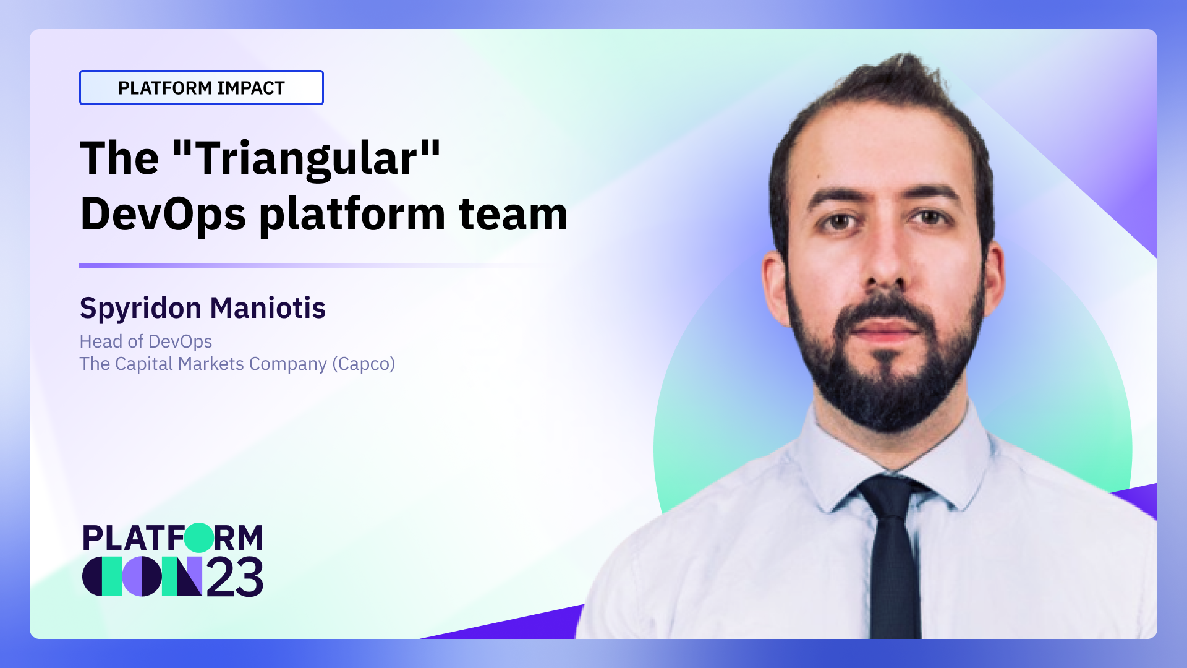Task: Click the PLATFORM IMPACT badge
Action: tap(201, 88)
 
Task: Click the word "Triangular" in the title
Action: tap(307, 158)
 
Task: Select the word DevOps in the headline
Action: tap(163, 215)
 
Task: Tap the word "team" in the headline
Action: tap(513, 215)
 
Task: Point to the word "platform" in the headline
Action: tap(352, 215)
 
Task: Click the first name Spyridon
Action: tap(140, 308)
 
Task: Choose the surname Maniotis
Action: tap(268, 308)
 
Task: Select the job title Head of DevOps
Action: tap(145, 341)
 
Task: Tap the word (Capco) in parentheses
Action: tap(364, 364)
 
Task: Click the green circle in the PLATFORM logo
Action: tap(199, 537)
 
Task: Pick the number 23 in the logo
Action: tap(234, 578)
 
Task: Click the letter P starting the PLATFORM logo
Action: tap(93, 538)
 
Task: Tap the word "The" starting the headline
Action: tap(119, 158)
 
